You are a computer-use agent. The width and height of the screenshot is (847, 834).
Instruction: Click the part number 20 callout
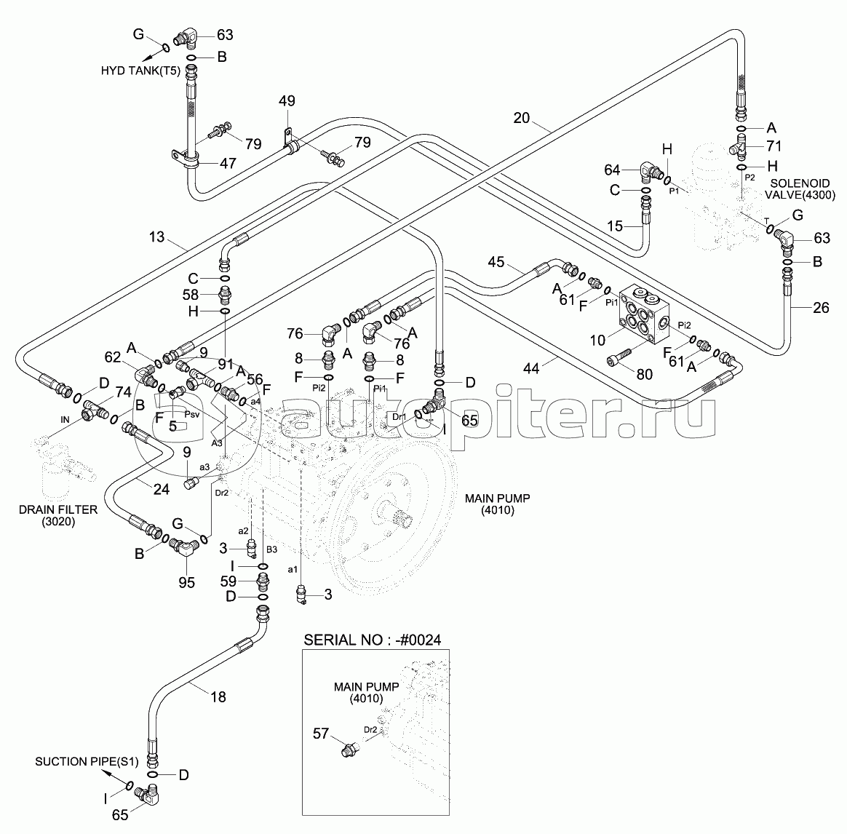click(x=521, y=118)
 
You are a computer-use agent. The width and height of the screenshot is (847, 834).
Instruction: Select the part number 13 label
click(x=157, y=238)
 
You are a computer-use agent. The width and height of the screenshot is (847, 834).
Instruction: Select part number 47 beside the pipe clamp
click(x=228, y=163)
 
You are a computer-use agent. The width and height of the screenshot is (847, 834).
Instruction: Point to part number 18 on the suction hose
click(x=218, y=696)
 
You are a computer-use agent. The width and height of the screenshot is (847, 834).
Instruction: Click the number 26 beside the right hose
click(x=820, y=307)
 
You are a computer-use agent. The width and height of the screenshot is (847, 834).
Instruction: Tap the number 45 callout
click(x=496, y=261)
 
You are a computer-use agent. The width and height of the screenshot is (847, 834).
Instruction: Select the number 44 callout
click(x=531, y=370)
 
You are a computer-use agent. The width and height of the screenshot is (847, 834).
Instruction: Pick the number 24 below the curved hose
click(x=161, y=489)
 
